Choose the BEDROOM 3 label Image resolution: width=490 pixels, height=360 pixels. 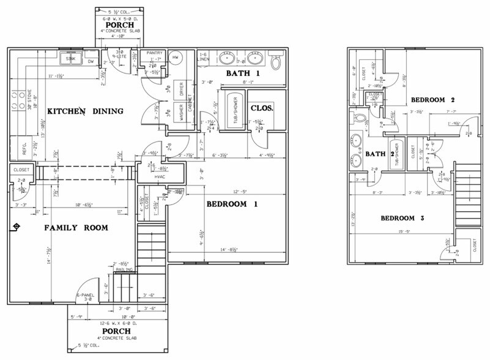[403, 218]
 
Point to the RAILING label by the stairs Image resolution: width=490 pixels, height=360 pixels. [122, 268]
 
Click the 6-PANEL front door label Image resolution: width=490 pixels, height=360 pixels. [84, 296]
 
